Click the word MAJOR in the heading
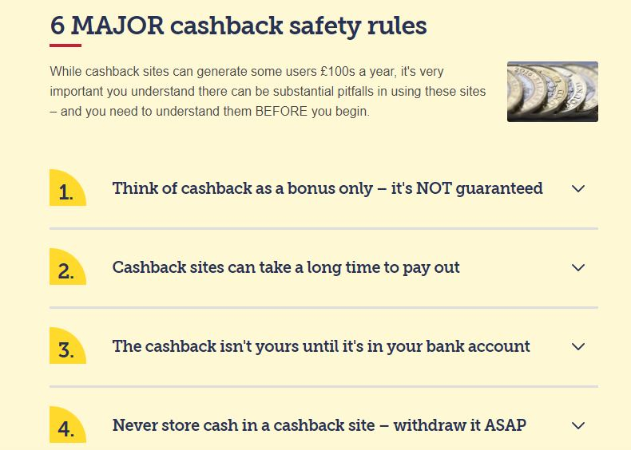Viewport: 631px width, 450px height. coord(117,26)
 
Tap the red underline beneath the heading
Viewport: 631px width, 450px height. coord(65,45)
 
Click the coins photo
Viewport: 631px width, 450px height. coord(553,92)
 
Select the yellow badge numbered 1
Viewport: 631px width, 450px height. coord(68,187)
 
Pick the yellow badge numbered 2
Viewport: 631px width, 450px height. coord(68,266)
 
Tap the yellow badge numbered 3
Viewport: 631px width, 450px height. coord(68,345)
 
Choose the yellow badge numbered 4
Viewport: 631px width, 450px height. coord(68,424)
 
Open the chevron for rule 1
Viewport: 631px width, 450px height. coord(578,188)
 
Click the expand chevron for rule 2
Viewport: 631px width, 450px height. coord(578,267)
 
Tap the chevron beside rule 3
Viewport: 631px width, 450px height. coord(578,346)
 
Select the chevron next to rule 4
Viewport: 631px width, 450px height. coord(578,425)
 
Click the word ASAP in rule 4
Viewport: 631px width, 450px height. coord(505,425)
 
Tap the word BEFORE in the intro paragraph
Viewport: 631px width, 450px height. coord(281,111)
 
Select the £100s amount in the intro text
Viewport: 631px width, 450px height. coord(338,72)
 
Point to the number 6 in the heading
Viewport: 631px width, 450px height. coord(58,26)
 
